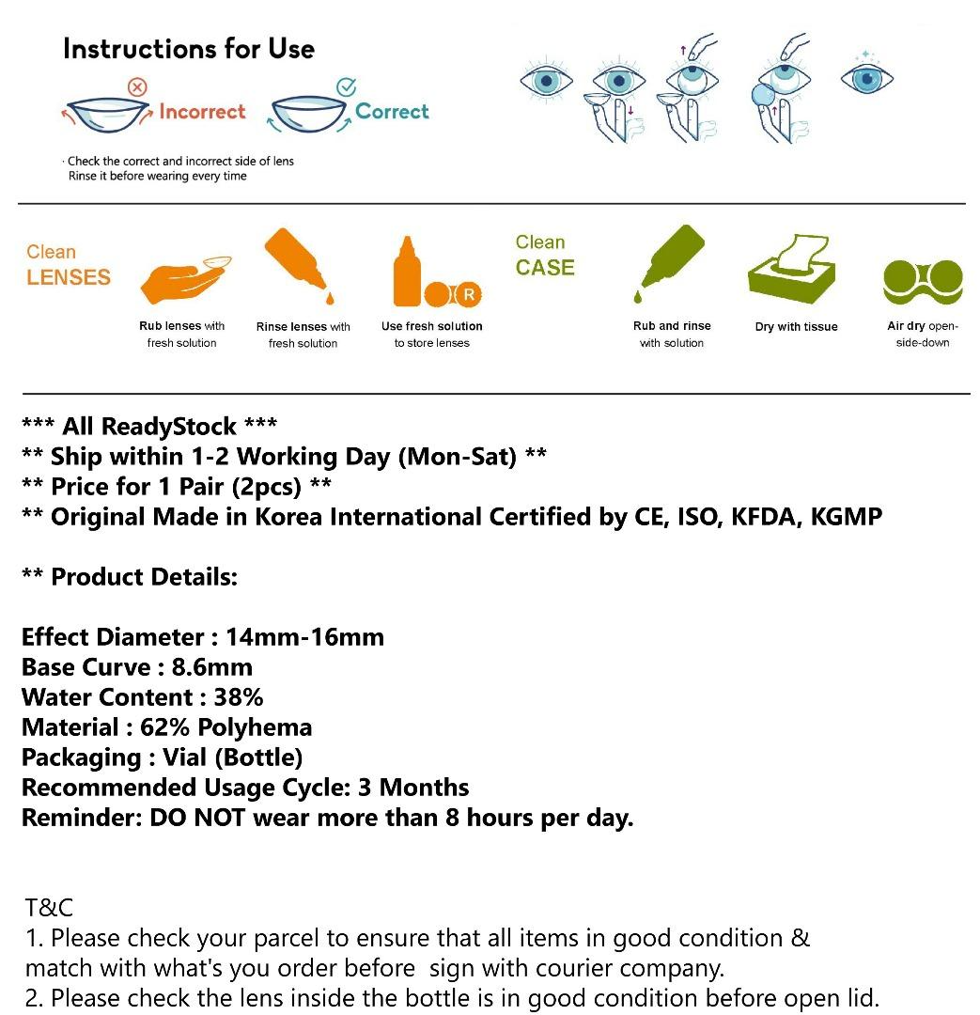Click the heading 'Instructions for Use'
[x=189, y=49]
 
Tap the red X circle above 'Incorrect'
[x=137, y=87]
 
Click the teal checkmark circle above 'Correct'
[x=346, y=87]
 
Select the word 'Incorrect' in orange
[x=202, y=112]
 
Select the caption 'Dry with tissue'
[x=796, y=327]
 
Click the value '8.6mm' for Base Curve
[x=211, y=667]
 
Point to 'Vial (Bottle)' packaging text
[x=232, y=757]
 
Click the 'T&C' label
[x=49, y=908]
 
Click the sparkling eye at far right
[x=866, y=77]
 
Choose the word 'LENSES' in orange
[x=69, y=278]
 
